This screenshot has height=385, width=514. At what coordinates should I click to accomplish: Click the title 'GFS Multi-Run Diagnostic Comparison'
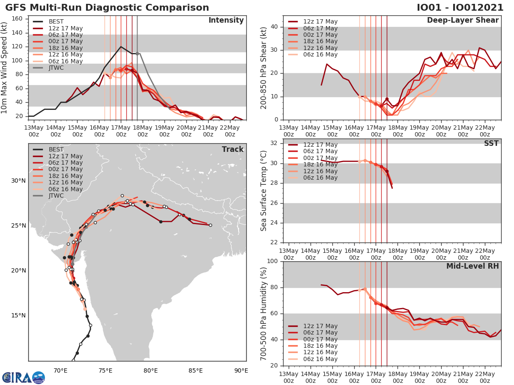pos(107,8)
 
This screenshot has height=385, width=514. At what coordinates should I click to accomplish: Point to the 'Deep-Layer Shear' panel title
pos(463,21)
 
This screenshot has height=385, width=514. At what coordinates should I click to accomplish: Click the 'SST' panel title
pos(491,143)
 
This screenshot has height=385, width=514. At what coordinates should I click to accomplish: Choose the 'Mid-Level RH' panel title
pos(472,266)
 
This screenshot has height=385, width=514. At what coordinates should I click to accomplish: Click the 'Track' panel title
pos(233,149)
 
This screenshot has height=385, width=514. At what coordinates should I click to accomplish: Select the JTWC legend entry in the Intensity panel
pos(56,68)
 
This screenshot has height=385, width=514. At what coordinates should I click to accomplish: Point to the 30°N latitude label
pos(18,181)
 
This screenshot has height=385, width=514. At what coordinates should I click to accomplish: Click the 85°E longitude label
pos(196,370)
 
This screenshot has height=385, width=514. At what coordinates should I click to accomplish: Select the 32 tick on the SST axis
pos(275,143)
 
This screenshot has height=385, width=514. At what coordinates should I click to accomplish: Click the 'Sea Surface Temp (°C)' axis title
pos(264,191)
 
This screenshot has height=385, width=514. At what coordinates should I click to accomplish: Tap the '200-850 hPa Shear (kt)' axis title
pos(264,68)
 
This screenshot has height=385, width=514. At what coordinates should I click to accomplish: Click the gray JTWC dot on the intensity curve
pos(137,53)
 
